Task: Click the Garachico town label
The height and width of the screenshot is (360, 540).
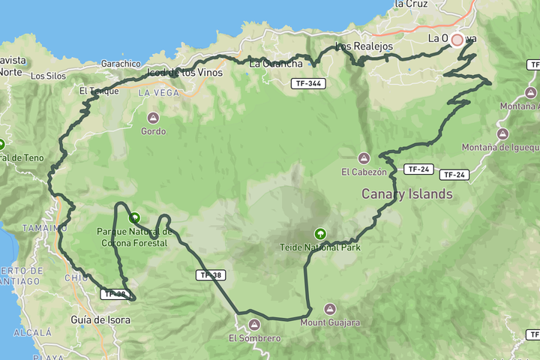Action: (x=121, y=64)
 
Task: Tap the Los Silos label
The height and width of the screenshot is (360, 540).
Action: (x=48, y=76)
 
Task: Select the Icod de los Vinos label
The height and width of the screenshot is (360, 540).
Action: (x=186, y=73)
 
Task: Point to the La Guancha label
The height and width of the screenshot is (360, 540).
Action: (x=270, y=64)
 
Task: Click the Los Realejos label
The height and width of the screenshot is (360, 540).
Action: (x=364, y=46)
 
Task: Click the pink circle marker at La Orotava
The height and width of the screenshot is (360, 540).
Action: (x=457, y=39)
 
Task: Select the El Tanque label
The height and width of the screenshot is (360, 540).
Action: (x=99, y=91)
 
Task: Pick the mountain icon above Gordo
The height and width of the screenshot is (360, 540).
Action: (x=153, y=118)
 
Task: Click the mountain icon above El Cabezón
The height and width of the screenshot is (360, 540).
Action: (x=364, y=158)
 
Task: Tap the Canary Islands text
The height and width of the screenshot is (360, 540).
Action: (x=407, y=194)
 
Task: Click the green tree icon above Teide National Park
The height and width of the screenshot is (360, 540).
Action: (x=320, y=234)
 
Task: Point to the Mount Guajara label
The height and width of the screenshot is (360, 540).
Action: (x=330, y=322)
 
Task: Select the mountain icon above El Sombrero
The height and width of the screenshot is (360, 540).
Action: (x=254, y=325)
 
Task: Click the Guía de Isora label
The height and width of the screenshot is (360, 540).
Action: (x=100, y=320)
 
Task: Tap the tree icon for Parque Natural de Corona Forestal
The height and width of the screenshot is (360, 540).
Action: (x=134, y=218)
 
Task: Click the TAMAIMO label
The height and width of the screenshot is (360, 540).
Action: (x=43, y=227)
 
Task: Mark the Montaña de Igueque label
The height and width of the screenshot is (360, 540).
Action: (x=500, y=147)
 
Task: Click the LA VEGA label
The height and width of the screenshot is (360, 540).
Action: (x=159, y=92)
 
